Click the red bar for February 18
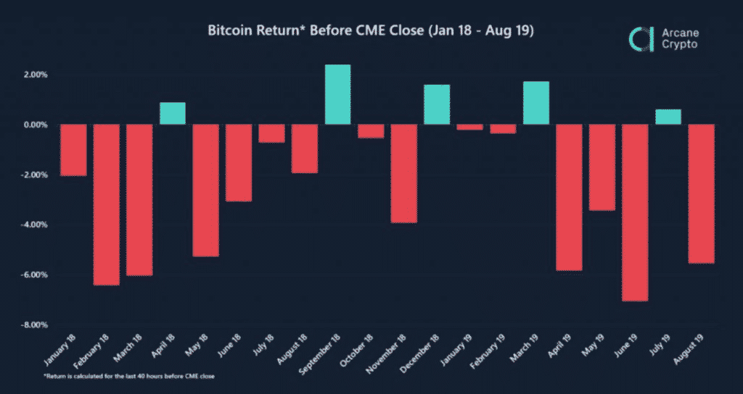[x=106, y=204]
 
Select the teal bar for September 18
[x=338, y=95]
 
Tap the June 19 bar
[x=635, y=212]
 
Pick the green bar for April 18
[x=173, y=114]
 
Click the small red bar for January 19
[x=470, y=127]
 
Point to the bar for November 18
[x=404, y=173]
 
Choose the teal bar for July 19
[x=668, y=117]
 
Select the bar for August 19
[x=701, y=193]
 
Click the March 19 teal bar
[x=536, y=103]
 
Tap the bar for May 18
[x=205, y=190]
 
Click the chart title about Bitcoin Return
[x=371, y=32]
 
